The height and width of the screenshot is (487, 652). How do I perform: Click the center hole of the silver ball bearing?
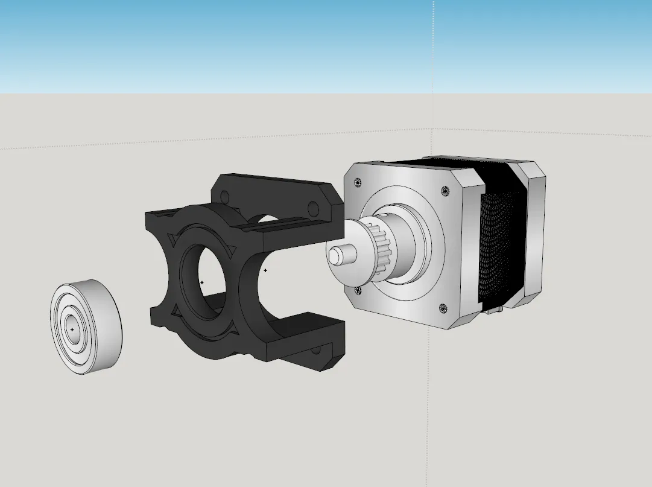pos(72,329)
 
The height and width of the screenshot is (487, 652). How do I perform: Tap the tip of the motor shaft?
pos(334,255)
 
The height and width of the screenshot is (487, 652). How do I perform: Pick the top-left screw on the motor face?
pos(358,182)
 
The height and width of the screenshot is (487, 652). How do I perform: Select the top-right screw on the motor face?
pos(446,191)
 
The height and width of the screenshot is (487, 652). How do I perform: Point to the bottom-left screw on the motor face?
pos(358,290)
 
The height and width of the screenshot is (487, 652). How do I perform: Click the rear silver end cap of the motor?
pos(534,235)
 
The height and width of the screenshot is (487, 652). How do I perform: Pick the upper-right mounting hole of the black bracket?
pos(313,209)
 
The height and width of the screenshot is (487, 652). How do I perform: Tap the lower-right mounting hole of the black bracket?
pos(315,350)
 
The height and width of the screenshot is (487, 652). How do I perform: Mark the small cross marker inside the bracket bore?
pos(201,282)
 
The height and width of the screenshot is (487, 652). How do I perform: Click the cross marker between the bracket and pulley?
pos(265,270)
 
